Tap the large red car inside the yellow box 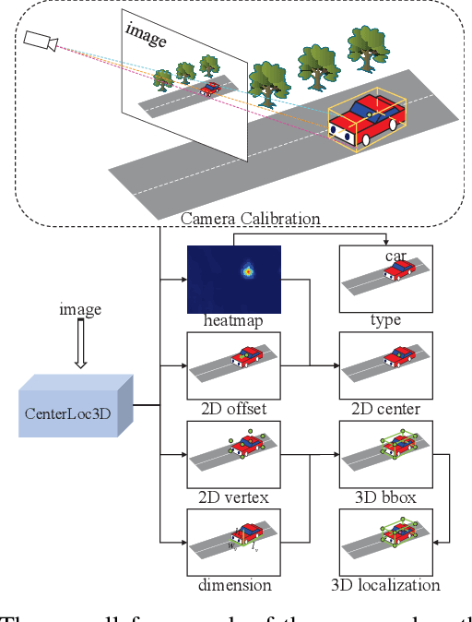(x=366, y=122)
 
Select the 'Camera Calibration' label (x=250, y=219)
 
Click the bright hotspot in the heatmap (x=247, y=271)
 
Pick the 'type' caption (x=384, y=320)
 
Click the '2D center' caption (x=384, y=409)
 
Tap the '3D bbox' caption (x=384, y=497)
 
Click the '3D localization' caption (x=384, y=585)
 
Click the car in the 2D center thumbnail (x=399, y=357)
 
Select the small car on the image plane (x=210, y=89)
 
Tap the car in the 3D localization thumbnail (x=399, y=534)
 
